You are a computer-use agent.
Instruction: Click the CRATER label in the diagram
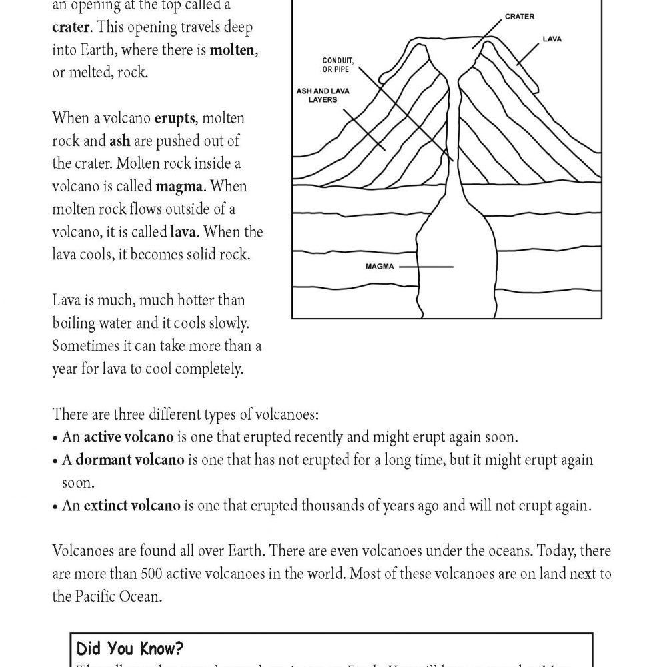[519, 16]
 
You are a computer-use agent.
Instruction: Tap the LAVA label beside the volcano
[553, 39]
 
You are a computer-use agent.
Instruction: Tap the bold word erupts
[175, 118]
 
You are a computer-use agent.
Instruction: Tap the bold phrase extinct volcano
[131, 506]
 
